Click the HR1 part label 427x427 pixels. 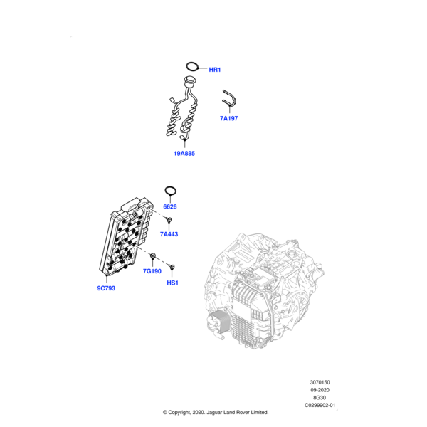(215, 70)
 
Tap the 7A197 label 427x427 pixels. (228, 118)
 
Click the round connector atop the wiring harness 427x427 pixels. (190, 80)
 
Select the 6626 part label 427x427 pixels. (169, 206)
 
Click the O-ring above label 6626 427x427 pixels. (170, 191)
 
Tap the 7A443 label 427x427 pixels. (169, 234)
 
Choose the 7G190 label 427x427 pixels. (152, 271)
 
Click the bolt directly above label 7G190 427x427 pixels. (153, 255)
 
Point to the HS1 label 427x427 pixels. (172, 283)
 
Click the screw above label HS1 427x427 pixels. (172, 268)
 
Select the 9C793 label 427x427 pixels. (106, 288)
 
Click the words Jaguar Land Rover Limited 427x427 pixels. (235, 412)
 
